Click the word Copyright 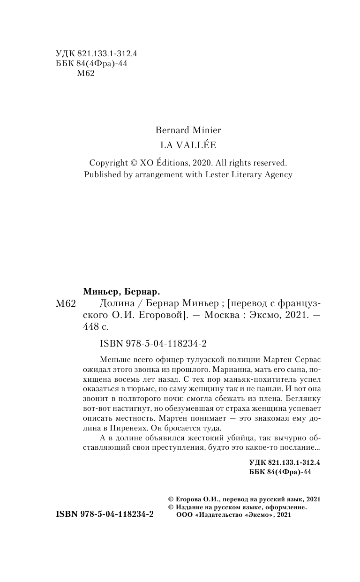[109, 163]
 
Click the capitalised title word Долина [114, 303]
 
